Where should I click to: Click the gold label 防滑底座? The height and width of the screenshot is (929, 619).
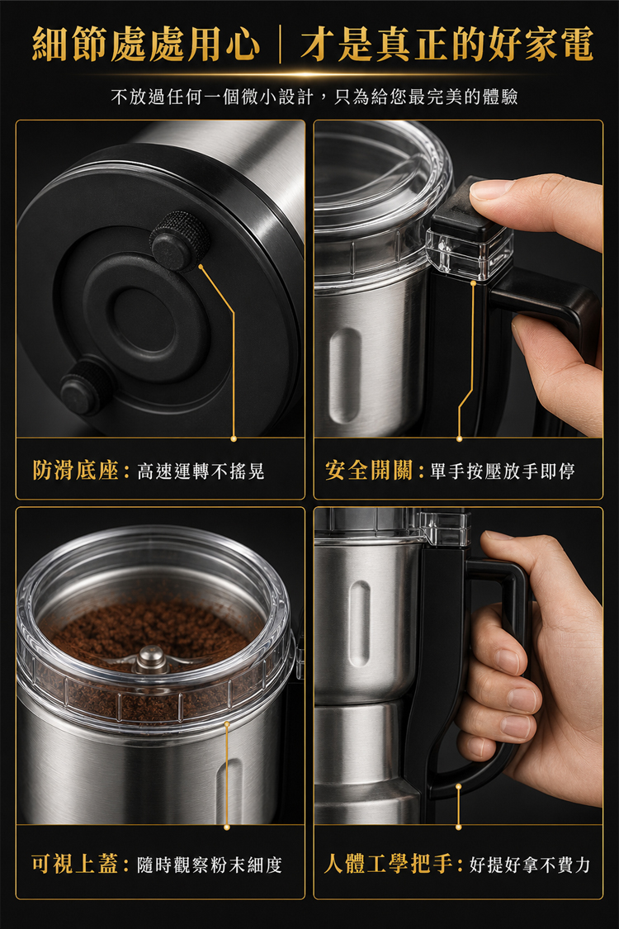[x=75, y=471]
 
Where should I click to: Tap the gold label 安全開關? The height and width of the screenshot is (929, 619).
[x=368, y=471]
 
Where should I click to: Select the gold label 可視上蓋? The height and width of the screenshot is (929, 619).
[x=74, y=865]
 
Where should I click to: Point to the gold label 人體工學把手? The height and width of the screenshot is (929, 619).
[x=389, y=865]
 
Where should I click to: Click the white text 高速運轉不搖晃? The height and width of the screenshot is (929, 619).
[x=201, y=472]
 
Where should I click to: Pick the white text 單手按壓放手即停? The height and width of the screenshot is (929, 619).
[x=503, y=472]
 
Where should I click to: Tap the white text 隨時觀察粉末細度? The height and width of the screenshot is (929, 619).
[x=210, y=865]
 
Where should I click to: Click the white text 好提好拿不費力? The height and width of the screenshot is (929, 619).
[x=530, y=865]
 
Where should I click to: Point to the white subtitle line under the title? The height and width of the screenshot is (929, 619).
[x=314, y=97]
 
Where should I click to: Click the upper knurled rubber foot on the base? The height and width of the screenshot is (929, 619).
[x=179, y=240]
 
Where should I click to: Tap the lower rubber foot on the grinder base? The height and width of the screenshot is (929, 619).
[x=87, y=388]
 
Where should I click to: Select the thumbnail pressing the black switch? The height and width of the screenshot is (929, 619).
[x=490, y=189]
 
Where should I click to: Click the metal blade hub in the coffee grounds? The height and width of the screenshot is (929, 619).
[x=150, y=659]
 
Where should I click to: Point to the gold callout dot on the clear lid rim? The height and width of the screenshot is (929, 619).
[x=226, y=723]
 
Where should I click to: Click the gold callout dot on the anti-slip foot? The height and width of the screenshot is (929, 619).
[x=201, y=267]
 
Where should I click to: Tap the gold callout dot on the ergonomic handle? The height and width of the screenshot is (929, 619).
[x=459, y=787]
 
